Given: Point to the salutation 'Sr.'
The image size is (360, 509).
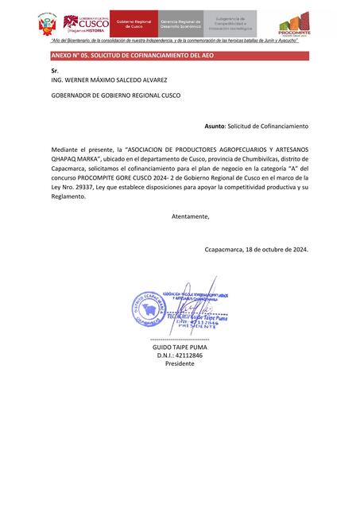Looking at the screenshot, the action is (x=55, y=71).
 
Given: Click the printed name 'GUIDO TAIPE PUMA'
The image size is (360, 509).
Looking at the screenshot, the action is (x=180, y=347).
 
